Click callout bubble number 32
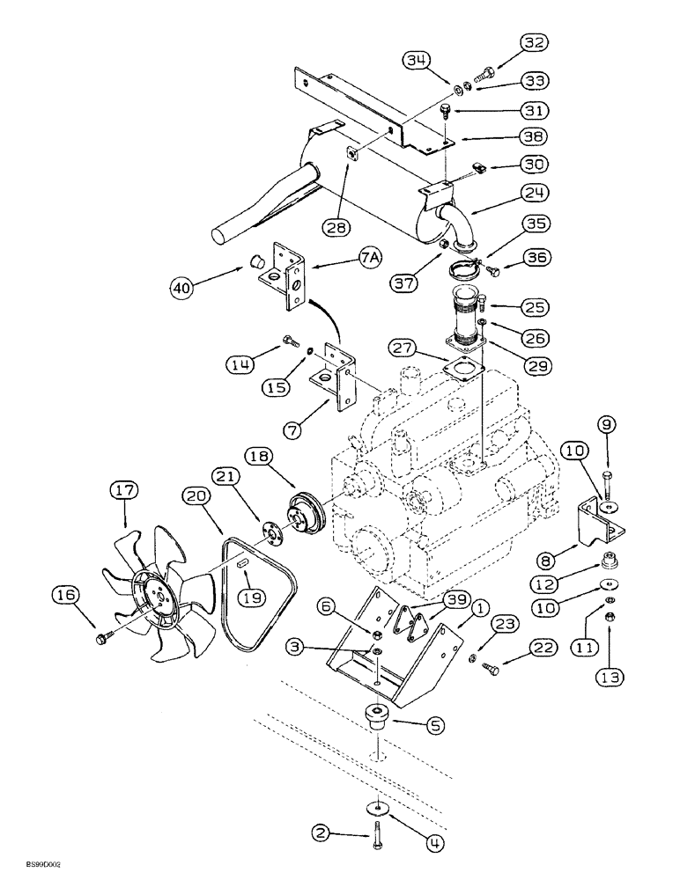(x=534, y=42)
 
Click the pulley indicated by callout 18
(x=301, y=513)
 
